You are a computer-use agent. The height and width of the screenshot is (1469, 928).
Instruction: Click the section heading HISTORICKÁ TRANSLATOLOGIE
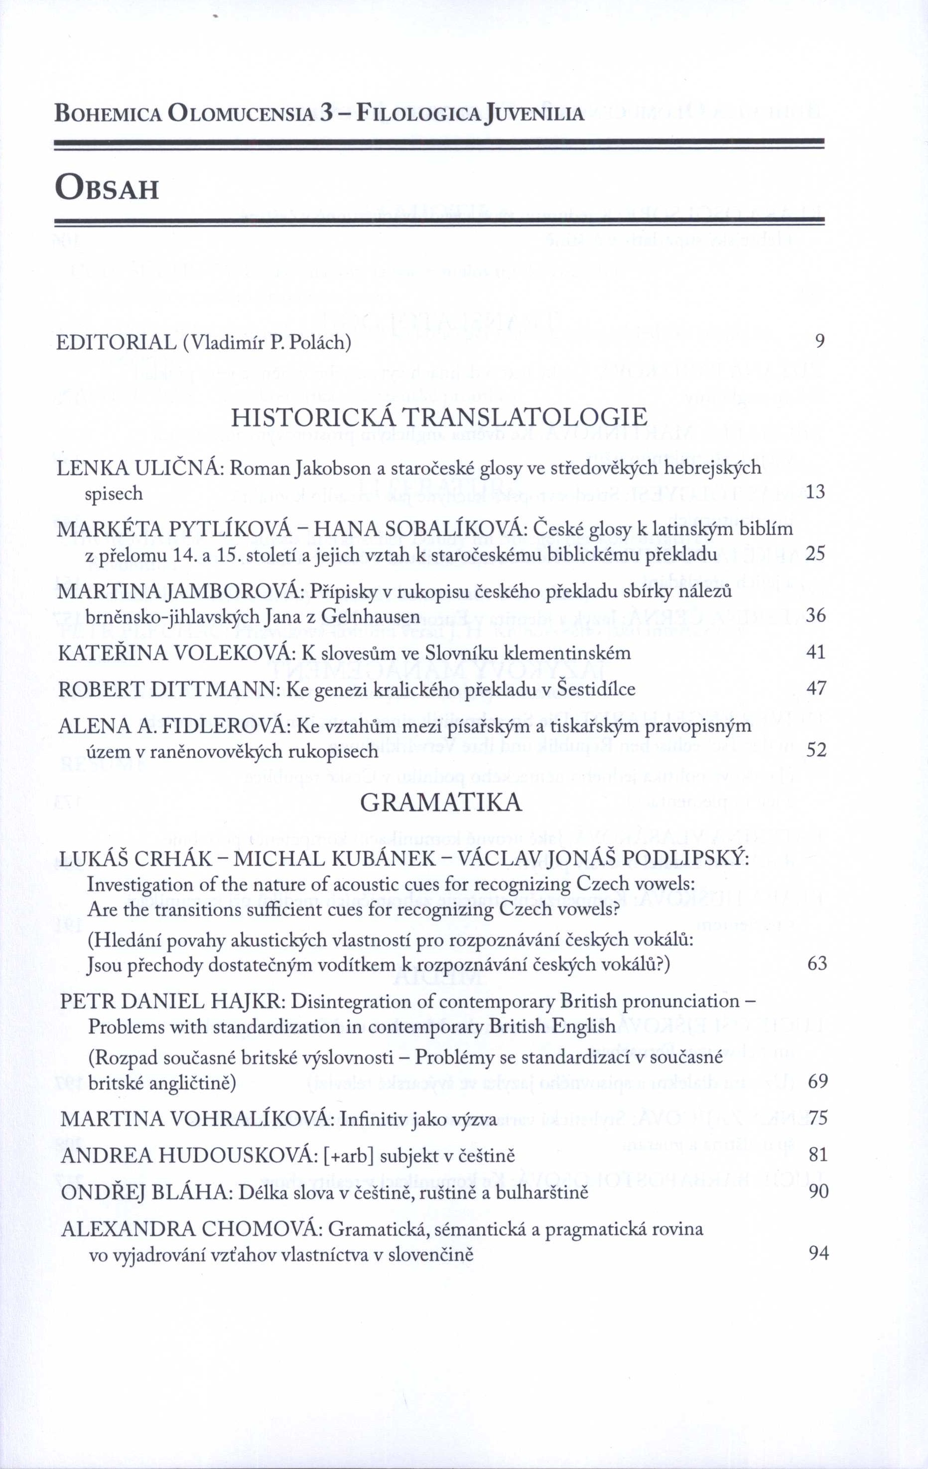click(439, 417)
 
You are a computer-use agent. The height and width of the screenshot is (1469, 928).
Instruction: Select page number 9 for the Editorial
click(820, 341)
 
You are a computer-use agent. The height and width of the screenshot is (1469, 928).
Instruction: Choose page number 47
click(816, 689)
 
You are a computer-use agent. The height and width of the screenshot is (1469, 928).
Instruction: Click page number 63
click(817, 964)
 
